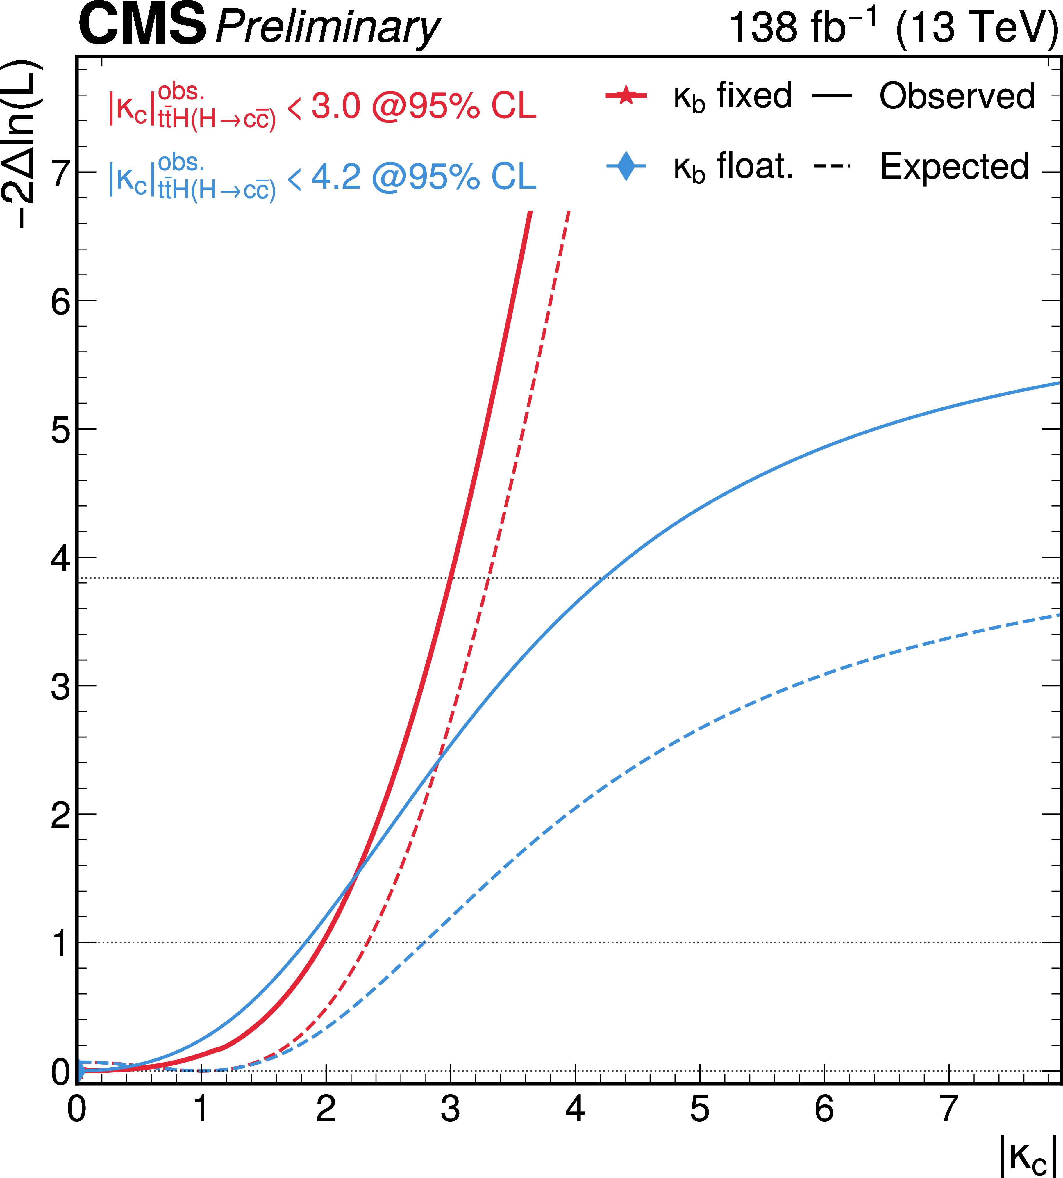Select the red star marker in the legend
[x=626, y=95]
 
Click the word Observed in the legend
[x=957, y=97]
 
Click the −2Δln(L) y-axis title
[x=23, y=143]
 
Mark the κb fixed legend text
[x=733, y=97]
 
